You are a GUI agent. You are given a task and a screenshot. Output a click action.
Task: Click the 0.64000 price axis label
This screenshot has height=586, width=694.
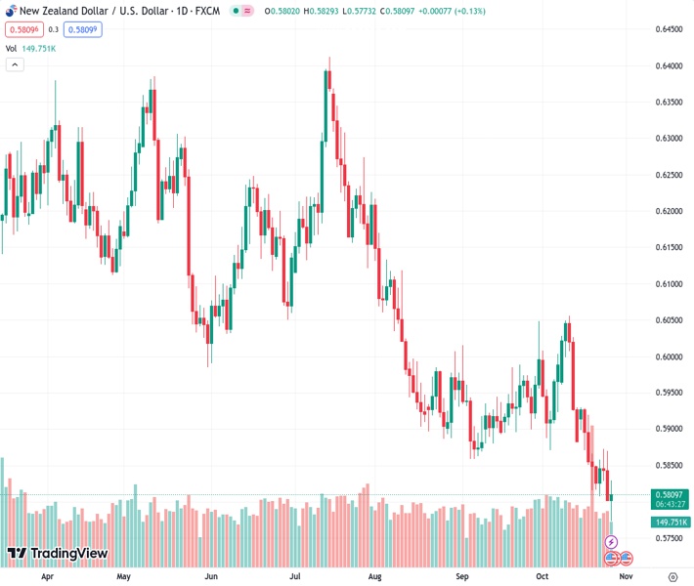click(x=669, y=65)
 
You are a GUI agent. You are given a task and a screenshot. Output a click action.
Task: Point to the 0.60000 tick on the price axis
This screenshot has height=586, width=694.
click(x=669, y=356)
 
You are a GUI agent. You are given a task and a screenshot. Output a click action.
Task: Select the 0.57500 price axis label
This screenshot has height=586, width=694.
click(x=669, y=538)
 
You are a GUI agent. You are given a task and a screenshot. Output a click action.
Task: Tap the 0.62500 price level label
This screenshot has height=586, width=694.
click(x=669, y=175)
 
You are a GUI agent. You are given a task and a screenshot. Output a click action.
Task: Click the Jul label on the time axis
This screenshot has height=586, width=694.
click(x=294, y=576)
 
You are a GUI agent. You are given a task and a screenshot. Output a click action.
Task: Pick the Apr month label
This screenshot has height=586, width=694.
click(x=47, y=576)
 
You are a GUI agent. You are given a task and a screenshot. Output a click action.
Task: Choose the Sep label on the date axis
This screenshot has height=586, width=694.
click(x=463, y=576)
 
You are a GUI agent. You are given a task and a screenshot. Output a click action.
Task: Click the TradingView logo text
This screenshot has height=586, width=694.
click(x=68, y=554)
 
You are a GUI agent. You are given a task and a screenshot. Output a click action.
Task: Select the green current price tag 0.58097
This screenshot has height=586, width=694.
click(x=670, y=496)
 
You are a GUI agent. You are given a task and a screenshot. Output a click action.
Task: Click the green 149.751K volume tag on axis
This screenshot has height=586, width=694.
click(x=670, y=523)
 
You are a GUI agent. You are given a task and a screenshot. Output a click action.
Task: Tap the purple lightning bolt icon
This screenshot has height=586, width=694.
click(x=612, y=541)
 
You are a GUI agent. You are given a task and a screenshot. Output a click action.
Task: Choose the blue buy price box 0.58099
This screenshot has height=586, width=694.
click(x=82, y=29)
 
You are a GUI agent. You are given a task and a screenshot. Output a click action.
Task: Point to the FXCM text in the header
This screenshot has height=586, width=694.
click(x=206, y=11)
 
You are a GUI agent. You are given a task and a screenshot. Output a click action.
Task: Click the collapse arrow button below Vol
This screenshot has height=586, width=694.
click(x=15, y=64)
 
